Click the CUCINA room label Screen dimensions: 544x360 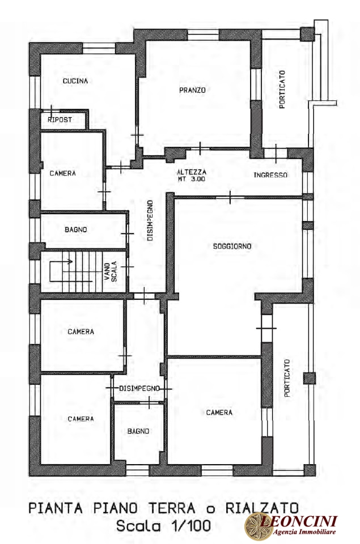coord(75,81)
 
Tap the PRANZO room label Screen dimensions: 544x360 coord(192,90)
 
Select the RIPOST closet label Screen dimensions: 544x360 coord(60,120)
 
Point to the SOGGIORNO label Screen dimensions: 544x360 coord(232,246)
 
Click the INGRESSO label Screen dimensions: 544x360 coord(270,175)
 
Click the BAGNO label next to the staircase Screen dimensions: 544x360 coord(75,229)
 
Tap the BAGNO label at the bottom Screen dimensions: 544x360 coord(138,431)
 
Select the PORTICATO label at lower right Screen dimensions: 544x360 coord(287,378)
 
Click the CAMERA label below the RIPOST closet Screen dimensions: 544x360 coord(62,173)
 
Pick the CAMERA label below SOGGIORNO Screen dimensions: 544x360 coord(219,413)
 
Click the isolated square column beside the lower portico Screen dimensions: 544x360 coord(310,378)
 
